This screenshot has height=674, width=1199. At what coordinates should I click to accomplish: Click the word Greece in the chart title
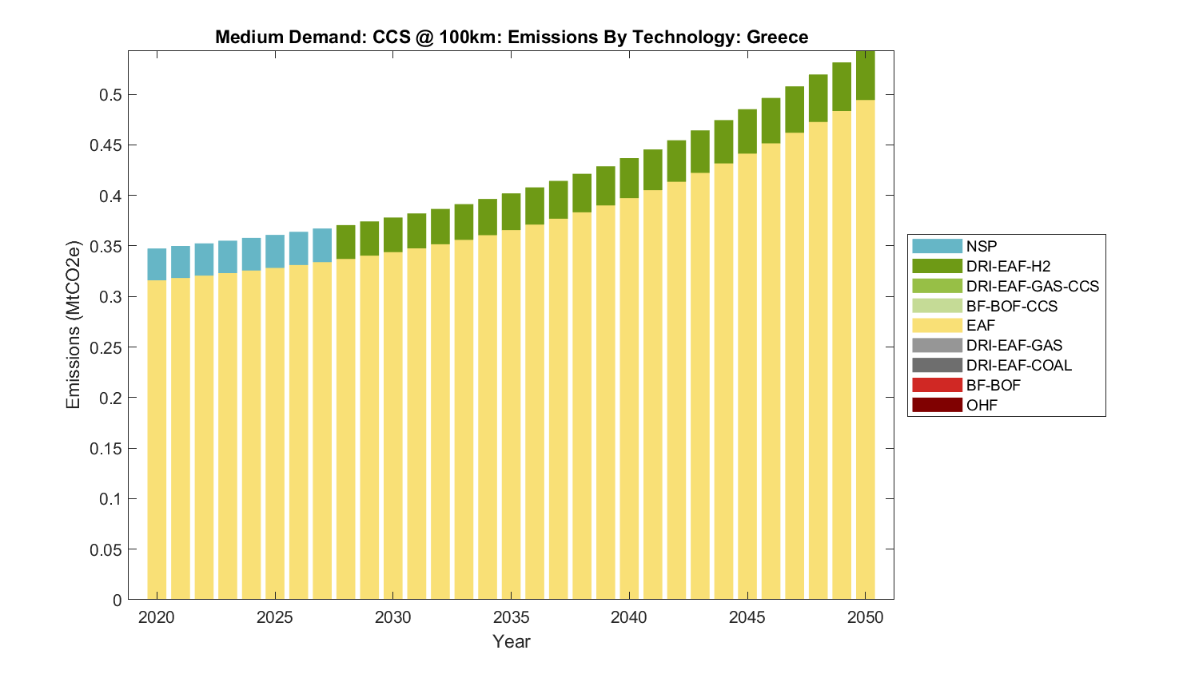(777, 38)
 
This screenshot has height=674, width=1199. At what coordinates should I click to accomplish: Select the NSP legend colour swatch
(937, 247)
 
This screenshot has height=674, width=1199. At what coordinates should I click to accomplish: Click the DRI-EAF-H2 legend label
(1008, 267)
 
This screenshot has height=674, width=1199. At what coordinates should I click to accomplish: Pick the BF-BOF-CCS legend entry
(1011, 307)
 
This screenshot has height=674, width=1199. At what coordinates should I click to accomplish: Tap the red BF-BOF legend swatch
(937, 386)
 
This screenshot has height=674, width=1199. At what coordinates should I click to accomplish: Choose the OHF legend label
(982, 406)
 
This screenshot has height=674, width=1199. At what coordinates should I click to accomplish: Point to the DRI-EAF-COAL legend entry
(1018, 366)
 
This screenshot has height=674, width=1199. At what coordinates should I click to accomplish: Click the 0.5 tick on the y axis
(110, 95)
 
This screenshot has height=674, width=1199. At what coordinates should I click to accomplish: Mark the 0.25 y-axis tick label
(106, 347)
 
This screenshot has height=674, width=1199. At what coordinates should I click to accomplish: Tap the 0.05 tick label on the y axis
(106, 549)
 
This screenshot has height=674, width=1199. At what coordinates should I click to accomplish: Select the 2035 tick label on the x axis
(511, 617)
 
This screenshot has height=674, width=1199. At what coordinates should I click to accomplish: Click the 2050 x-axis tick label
(865, 617)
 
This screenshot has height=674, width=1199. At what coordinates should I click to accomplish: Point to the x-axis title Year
(511, 641)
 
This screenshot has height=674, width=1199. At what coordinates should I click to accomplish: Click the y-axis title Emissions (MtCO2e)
(74, 324)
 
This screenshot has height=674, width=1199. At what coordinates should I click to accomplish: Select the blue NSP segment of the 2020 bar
(157, 264)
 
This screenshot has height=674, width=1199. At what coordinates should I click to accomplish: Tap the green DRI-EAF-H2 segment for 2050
(865, 76)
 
